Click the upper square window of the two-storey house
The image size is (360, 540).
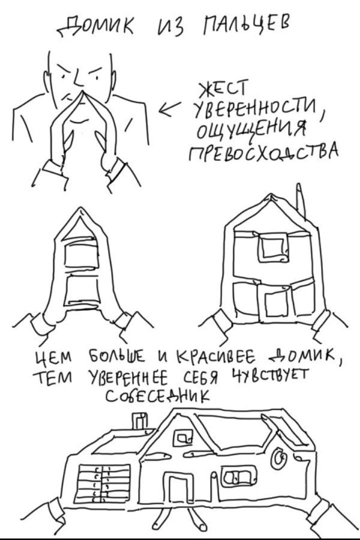tap(272, 247)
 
